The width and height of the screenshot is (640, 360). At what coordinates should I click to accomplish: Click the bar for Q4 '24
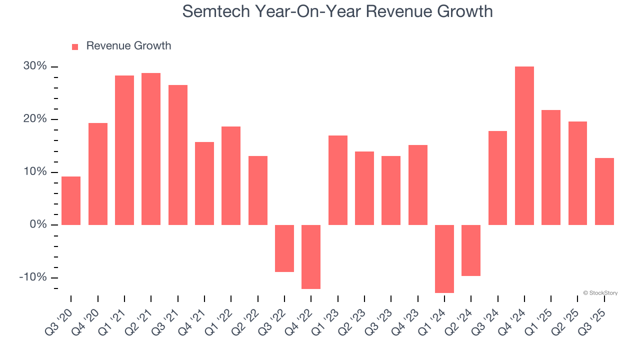(x=524, y=145)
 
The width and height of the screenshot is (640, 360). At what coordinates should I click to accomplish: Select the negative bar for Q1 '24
(x=444, y=258)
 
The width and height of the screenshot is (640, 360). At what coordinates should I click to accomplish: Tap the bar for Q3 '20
(x=71, y=200)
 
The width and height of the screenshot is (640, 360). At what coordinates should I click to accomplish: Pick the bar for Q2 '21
(x=151, y=149)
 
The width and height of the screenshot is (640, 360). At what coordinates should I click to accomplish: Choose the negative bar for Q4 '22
(x=311, y=256)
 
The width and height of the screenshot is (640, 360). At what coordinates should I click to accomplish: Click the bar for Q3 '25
(x=604, y=191)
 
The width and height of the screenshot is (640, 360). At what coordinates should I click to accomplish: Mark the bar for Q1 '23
(x=337, y=180)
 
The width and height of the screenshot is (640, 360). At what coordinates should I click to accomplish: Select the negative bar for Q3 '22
(x=284, y=248)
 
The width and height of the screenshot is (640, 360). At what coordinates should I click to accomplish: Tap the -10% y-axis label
(x=33, y=277)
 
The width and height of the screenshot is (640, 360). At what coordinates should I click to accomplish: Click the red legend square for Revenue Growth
(x=75, y=47)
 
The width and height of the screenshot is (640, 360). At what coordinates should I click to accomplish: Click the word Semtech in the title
(x=217, y=11)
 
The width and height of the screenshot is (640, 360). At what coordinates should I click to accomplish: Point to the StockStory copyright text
(x=600, y=293)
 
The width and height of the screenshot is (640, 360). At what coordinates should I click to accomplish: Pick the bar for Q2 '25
(x=577, y=173)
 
